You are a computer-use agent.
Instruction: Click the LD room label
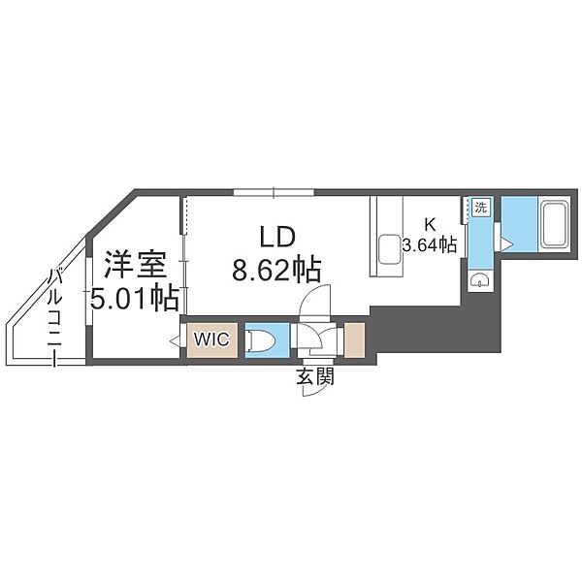[277, 238]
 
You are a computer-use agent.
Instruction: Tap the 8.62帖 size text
[276, 270]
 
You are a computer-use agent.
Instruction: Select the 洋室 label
[135, 265]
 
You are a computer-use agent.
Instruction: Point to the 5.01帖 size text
[135, 298]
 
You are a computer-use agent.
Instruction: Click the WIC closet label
[211, 339]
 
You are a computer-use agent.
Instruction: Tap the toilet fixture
[262, 340]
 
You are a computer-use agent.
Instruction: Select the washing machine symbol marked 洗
[481, 208]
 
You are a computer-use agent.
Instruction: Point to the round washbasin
[480, 279]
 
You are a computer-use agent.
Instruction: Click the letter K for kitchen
[430, 224]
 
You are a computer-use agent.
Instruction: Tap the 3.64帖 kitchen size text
[430, 244]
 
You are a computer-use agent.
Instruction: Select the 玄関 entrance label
[315, 376]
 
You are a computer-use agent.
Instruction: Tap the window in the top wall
[274, 192]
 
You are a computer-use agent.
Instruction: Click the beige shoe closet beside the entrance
[354, 340]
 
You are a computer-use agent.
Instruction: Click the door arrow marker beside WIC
[175, 340]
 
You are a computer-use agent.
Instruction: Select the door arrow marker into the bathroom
[506, 244]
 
